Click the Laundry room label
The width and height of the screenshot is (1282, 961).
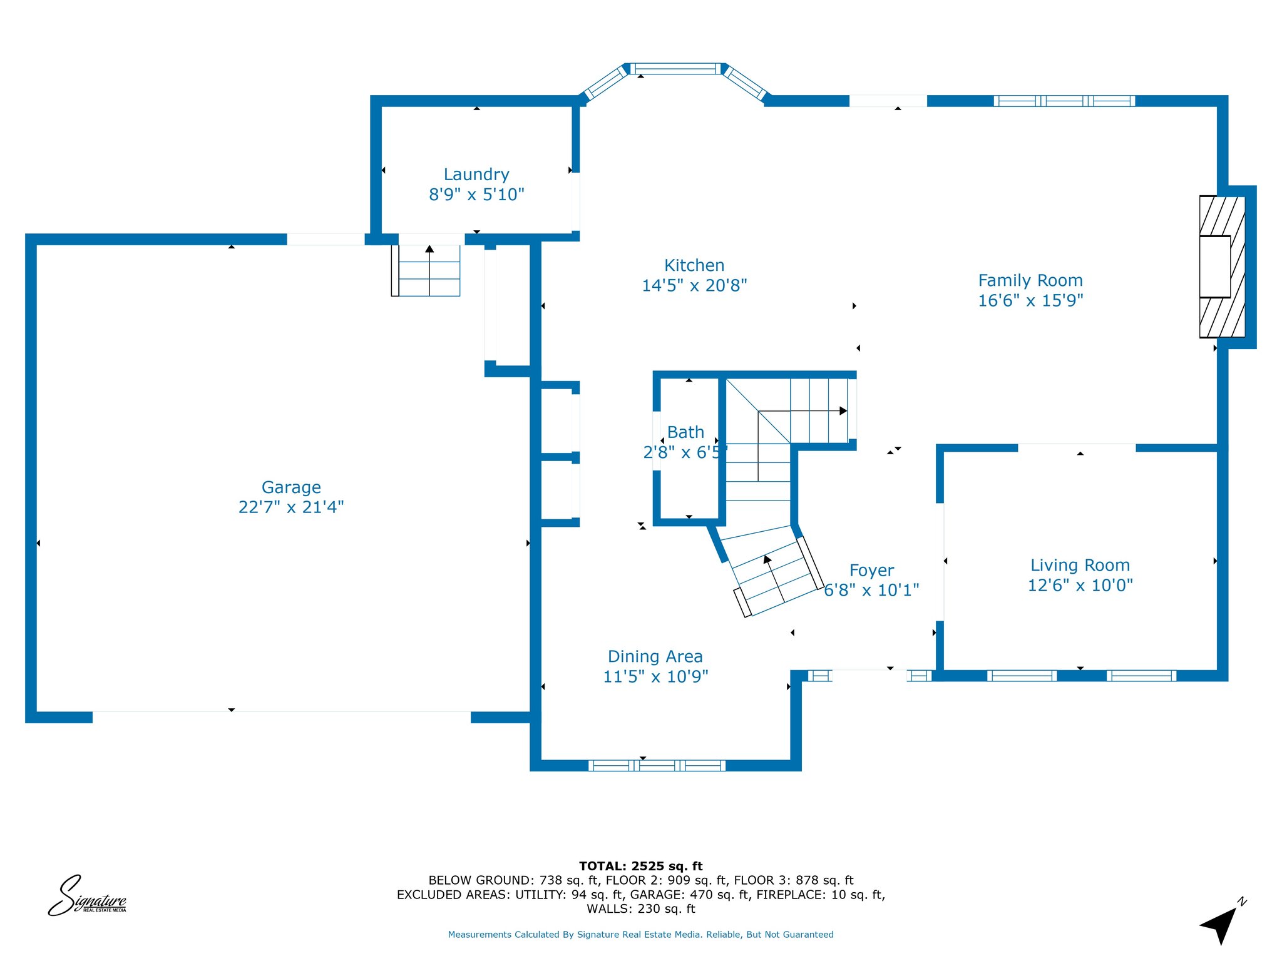point(476,175)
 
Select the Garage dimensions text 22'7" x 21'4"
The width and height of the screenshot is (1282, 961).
point(291,507)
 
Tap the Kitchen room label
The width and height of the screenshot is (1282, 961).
point(694,265)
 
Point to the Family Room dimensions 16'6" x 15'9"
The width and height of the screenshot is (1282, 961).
point(1030,300)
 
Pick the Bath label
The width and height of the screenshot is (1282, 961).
point(685,432)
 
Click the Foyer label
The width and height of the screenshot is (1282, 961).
point(871,571)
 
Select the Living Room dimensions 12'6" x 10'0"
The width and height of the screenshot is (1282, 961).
point(1080,585)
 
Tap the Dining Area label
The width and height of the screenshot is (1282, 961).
point(655,656)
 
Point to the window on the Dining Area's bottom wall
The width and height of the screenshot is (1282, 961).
point(657,765)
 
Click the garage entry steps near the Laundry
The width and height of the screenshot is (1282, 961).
point(426,270)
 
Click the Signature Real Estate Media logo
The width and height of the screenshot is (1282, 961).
point(88,896)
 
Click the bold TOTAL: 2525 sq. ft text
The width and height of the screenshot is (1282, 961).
point(641,866)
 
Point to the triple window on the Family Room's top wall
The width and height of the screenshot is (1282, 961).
point(1064,101)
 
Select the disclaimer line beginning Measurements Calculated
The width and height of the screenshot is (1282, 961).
point(641,935)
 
